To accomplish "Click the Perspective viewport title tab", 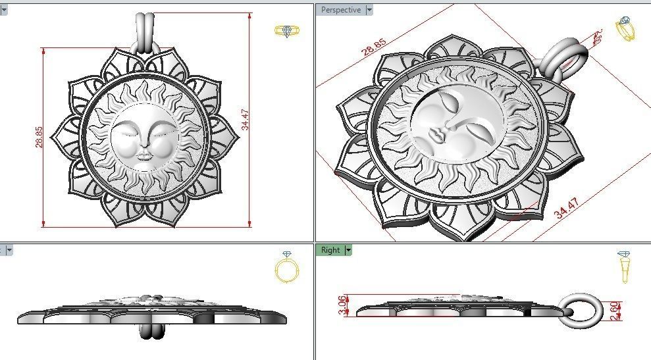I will (x=340, y=10).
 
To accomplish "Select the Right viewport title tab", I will (x=330, y=250).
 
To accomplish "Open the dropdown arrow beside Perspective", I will (x=369, y=10).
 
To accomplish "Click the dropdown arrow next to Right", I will (x=348, y=250).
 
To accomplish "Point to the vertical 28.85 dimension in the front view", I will (x=39, y=136).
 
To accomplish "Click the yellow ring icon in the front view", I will (x=286, y=32).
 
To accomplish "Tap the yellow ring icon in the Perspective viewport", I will (x=625, y=28).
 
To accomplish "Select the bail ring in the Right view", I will (x=583, y=309).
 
